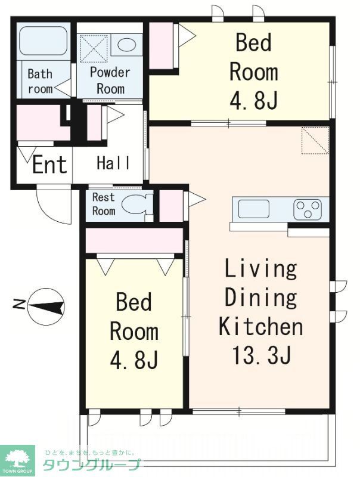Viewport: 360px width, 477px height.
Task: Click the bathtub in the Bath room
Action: click(x=43, y=41)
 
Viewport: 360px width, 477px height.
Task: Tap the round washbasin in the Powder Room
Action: click(x=126, y=45)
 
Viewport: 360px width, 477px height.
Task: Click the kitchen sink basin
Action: click(x=253, y=209)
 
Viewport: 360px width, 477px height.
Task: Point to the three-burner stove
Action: click(x=308, y=210)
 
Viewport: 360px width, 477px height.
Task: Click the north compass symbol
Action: click(x=46, y=306)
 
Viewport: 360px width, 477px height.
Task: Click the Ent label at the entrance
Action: click(x=49, y=165)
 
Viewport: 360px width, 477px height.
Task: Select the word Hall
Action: click(x=113, y=163)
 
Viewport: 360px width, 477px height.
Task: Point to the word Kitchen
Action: click(x=260, y=326)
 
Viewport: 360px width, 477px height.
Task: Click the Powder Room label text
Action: click(x=110, y=80)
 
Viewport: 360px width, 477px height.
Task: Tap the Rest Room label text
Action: click(x=104, y=204)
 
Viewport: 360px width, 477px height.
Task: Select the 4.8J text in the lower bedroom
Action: click(x=134, y=360)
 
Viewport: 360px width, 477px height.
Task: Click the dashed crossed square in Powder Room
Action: click(x=94, y=48)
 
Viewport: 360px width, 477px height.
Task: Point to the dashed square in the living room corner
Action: click(x=315, y=140)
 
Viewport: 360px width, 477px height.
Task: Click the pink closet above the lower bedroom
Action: click(x=134, y=240)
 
